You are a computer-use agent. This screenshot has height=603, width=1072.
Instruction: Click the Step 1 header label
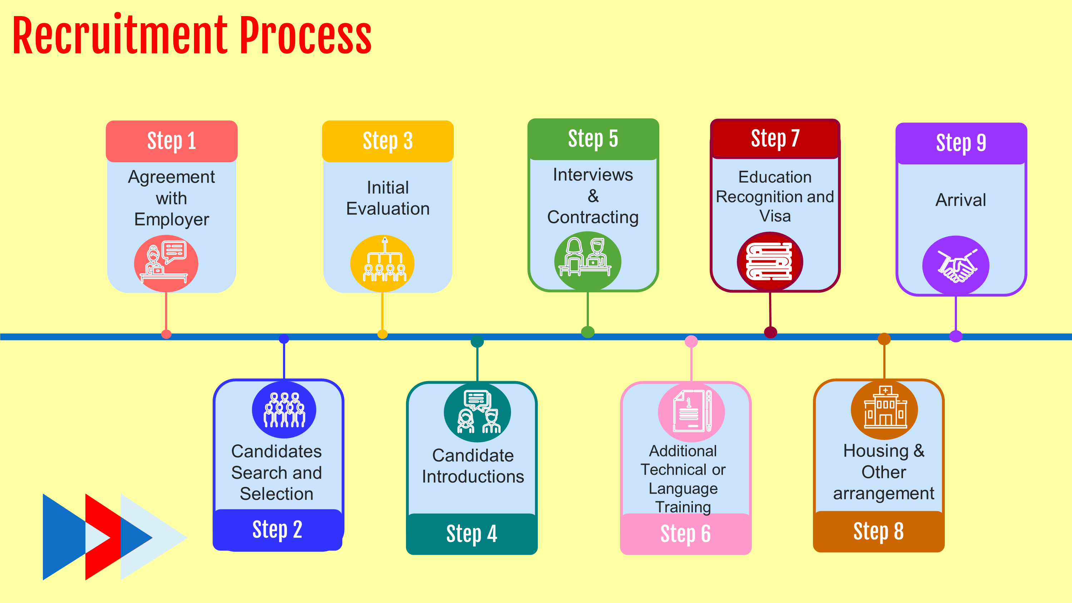pyautogui.click(x=172, y=141)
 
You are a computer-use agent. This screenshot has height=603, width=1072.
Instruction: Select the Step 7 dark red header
pyautogui.click(x=775, y=138)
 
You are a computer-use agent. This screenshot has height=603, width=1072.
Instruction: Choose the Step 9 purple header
pyautogui.click(x=961, y=143)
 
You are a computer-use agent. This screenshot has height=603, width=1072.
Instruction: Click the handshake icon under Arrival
pyautogui.click(x=956, y=265)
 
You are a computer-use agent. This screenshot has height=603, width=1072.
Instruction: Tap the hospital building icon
pyautogui.click(x=884, y=410)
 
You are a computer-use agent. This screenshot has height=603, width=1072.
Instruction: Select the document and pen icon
pyautogui.click(x=691, y=412)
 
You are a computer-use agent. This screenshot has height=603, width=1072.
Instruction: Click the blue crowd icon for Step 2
pyautogui.click(x=284, y=410)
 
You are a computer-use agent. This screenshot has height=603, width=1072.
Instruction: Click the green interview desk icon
pyautogui.click(x=587, y=260)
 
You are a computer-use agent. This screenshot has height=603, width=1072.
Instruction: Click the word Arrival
pyautogui.click(x=961, y=200)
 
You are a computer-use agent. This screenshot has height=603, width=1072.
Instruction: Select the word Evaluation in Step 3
pyautogui.click(x=388, y=209)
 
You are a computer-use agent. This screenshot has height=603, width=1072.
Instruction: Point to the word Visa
pyautogui.click(x=775, y=216)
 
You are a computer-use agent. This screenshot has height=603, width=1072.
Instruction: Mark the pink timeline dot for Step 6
pyautogui.click(x=691, y=342)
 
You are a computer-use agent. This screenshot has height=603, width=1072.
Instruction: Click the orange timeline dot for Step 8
pyautogui.click(x=884, y=339)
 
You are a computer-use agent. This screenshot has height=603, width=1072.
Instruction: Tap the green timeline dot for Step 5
pyautogui.click(x=587, y=332)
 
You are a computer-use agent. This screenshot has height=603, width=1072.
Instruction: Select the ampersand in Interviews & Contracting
pyautogui.click(x=593, y=196)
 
